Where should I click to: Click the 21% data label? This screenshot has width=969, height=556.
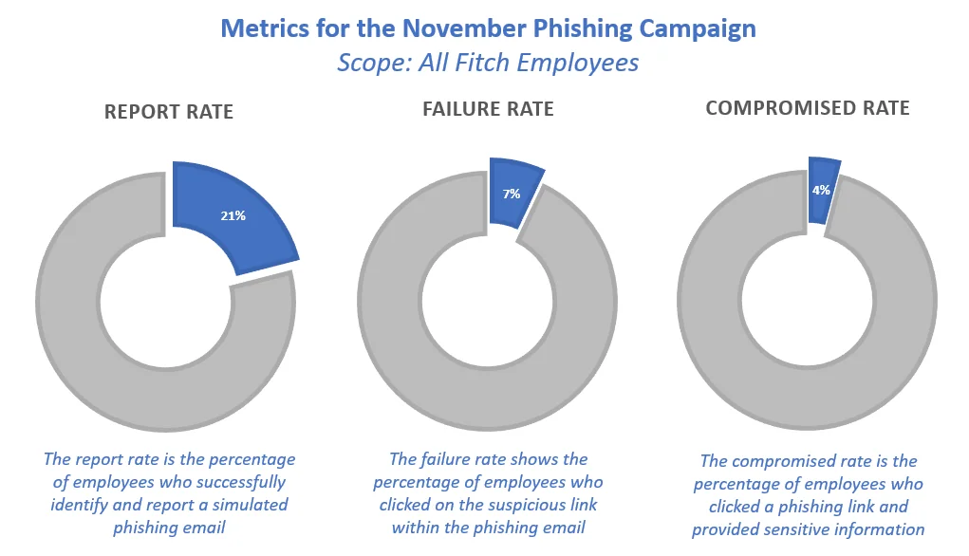coord(233,215)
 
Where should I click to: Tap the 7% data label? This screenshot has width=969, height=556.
coord(512,194)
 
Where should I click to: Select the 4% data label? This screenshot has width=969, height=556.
coord(821,190)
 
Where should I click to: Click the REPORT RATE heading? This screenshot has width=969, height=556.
coord(169,112)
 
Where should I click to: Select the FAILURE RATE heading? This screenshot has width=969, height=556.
coord(488,109)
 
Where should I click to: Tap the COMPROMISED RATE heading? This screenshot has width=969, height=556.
coord(808,108)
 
